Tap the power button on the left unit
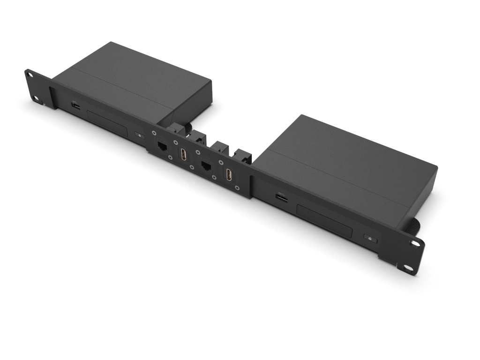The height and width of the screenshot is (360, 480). point(139,135)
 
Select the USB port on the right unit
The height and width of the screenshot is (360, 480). point(282,199)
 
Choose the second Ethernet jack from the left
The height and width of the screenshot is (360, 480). point(206,166)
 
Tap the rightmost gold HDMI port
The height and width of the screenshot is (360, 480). point(229,175)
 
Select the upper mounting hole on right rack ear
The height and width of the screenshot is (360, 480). point(415,243)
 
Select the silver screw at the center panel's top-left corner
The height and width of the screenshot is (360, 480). point(154,132)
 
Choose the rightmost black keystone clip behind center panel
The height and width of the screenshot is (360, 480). point(243,157)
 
